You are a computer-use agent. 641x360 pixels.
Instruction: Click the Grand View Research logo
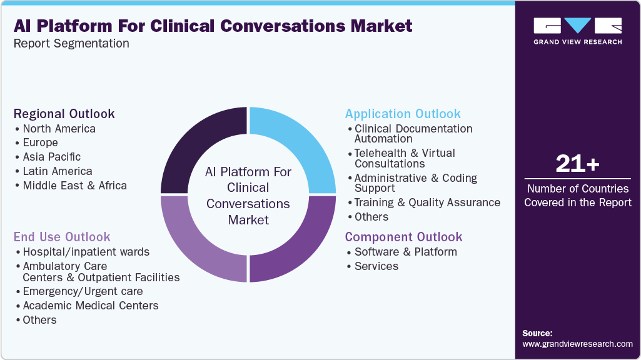577,31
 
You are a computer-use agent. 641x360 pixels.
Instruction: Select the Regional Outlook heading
64,114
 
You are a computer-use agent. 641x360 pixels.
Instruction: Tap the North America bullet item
59,129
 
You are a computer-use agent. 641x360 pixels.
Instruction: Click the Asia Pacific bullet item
51,157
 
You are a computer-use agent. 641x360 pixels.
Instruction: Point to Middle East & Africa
74,186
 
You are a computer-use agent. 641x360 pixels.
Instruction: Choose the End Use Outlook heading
62,237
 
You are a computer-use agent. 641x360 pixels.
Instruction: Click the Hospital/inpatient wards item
86,252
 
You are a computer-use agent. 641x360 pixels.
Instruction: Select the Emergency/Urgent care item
83,291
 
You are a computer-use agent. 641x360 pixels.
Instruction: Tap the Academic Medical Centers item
90,306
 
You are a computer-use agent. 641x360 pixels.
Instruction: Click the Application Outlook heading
403,114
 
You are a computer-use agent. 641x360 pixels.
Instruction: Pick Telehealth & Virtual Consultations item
405,158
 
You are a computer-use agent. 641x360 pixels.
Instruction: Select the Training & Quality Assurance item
427,202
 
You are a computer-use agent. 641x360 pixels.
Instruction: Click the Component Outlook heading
403,237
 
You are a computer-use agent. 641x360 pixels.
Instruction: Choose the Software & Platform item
405,252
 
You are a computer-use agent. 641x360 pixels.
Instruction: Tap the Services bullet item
376,266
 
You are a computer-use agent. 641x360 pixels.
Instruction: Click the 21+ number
577,164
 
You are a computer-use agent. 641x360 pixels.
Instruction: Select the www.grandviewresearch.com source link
577,344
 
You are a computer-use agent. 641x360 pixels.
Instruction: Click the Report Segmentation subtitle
71,43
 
